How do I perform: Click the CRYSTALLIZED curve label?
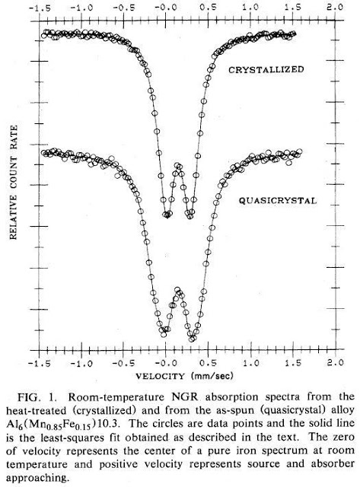tap(266, 69)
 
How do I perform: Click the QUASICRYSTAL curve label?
tap(278, 201)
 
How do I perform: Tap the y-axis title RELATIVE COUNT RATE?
tap(14, 183)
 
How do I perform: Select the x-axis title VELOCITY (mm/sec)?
tap(184, 376)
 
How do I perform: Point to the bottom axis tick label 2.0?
tap(335, 363)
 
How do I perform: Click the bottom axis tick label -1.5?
tap(40, 363)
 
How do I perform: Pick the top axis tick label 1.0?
tap(250, 8)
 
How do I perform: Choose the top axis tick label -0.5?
tap(123, 8)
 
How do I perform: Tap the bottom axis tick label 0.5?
tap(208, 363)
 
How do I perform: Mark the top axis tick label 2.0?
tap(335, 7)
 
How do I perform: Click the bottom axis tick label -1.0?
tap(81, 363)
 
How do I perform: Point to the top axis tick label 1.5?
tap(292, 8)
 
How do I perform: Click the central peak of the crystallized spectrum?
tap(178, 166)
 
